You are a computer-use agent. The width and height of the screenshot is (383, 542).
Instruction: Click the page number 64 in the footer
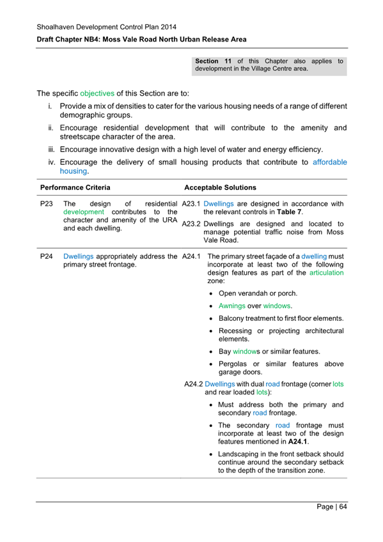click(x=342, y=507)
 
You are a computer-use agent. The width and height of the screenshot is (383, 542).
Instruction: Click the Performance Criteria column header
click(x=75, y=188)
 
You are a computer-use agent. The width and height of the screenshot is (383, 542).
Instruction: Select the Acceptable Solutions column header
click(x=220, y=188)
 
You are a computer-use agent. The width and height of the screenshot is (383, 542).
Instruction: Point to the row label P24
click(x=46, y=257)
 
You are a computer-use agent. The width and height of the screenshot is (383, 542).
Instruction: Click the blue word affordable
click(x=330, y=162)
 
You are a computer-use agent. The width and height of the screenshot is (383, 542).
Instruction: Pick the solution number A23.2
click(x=192, y=224)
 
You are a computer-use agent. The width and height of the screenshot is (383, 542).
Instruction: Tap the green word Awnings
click(x=233, y=306)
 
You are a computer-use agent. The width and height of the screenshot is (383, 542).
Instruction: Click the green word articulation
click(x=326, y=272)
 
